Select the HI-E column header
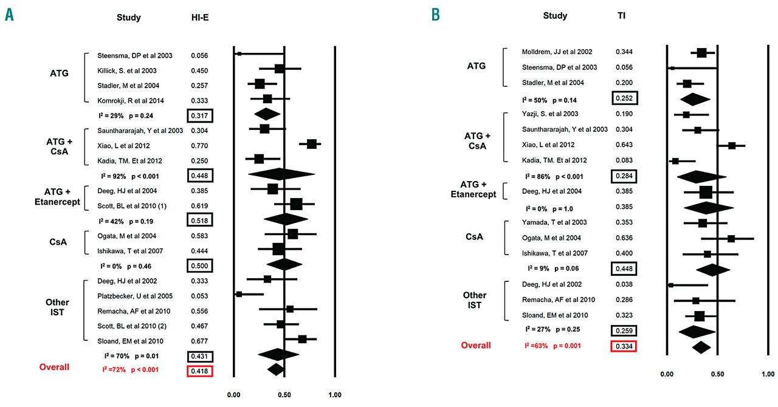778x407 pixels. [x=200, y=18]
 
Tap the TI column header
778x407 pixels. [x=621, y=16]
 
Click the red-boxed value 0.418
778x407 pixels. [x=200, y=371]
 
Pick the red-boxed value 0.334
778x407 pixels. [x=624, y=346]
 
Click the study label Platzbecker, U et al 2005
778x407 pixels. [x=136, y=296]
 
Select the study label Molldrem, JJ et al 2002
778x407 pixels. [x=557, y=52]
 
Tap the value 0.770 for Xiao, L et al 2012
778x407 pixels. [x=199, y=146]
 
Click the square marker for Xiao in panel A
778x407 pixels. [x=312, y=144]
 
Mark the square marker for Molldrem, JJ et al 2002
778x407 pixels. [x=701, y=53]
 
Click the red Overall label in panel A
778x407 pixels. [x=55, y=367]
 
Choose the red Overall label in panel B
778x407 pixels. [x=475, y=345]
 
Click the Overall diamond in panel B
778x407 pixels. [x=701, y=347]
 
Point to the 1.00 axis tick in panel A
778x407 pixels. [x=334, y=394]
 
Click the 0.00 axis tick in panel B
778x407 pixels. [x=667, y=374]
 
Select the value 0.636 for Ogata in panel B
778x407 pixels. [x=624, y=238]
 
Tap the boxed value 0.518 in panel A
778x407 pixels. [x=200, y=219]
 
